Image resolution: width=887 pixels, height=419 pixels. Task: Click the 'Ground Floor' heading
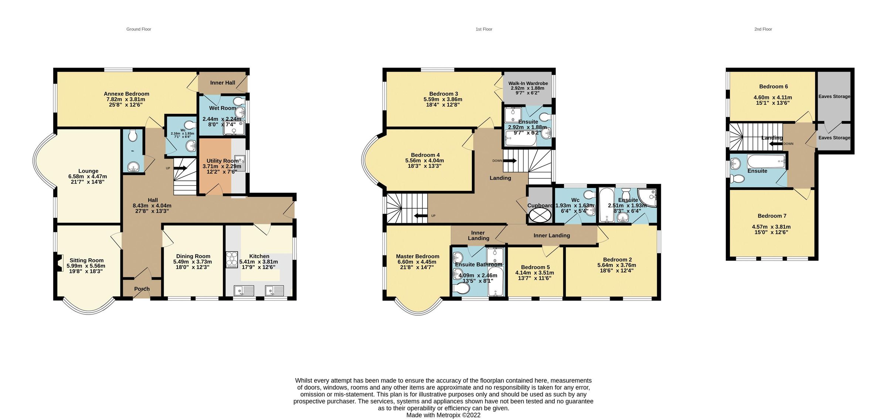click(139, 29)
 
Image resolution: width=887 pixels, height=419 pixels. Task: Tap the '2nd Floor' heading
click(763, 29)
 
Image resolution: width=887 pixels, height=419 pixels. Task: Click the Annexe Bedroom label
click(126, 94)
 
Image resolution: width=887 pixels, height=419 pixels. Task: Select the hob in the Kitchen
click(232, 259)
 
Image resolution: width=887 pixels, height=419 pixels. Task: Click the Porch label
click(142, 289)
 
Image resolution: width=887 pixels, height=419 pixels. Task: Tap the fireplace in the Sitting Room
click(58, 263)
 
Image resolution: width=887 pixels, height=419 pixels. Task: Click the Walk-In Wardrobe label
click(528, 83)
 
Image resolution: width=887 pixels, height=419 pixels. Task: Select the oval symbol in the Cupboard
click(540, 215)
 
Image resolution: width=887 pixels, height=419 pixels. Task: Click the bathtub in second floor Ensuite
click(766, 161)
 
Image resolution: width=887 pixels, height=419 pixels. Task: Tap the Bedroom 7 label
click(772, 216)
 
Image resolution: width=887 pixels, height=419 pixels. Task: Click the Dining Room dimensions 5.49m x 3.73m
click(193, 262)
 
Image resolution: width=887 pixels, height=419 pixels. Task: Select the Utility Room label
click(222, 161)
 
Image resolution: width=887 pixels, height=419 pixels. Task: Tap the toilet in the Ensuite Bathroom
click(461, 288)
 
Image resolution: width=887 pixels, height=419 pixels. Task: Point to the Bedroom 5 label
click(535, 267)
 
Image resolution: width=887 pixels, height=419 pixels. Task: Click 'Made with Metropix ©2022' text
click(443, 415)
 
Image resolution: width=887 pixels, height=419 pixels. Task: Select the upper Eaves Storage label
click(834, 96)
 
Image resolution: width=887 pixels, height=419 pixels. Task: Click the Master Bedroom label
click(417, 256)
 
